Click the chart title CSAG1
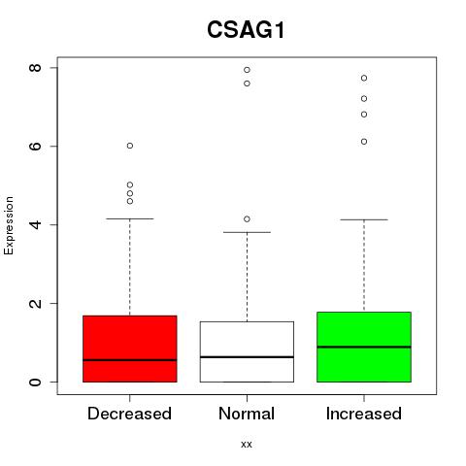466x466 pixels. [x=246, y=30]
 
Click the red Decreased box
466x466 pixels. [x=130, y=349]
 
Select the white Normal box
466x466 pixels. [x=247, y=351]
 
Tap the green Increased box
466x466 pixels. [x=364, y=347]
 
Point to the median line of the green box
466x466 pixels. [x=364, y=347]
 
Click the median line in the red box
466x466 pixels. [x=130, y=360]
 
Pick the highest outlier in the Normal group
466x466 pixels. [x=247, y=70]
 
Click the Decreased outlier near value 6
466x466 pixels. [x=130, y=146]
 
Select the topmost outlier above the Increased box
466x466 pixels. [x=364, y=78]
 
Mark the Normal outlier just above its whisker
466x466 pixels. [x=247, y=219]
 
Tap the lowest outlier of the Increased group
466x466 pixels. [x=364, y=142]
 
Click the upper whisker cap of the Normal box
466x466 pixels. [x=247, y=232]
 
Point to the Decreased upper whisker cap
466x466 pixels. [x=130, y=218]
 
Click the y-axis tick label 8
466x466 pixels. [x=35, y=68]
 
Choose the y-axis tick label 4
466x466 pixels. [x=35, y=224]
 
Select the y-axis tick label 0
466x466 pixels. [x=35, y=382]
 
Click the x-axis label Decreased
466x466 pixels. [x=129, y=414]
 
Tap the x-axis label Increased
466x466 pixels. [x=364, y=414]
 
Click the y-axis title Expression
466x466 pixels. [x=9, y=225]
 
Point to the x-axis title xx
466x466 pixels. [x=247, y=445]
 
